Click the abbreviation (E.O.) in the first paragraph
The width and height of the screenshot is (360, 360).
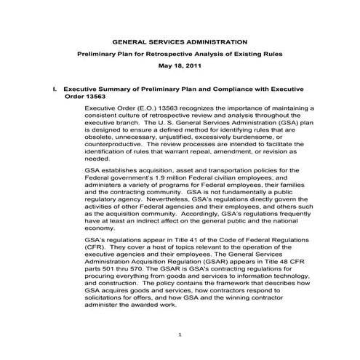tap(143, 108)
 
